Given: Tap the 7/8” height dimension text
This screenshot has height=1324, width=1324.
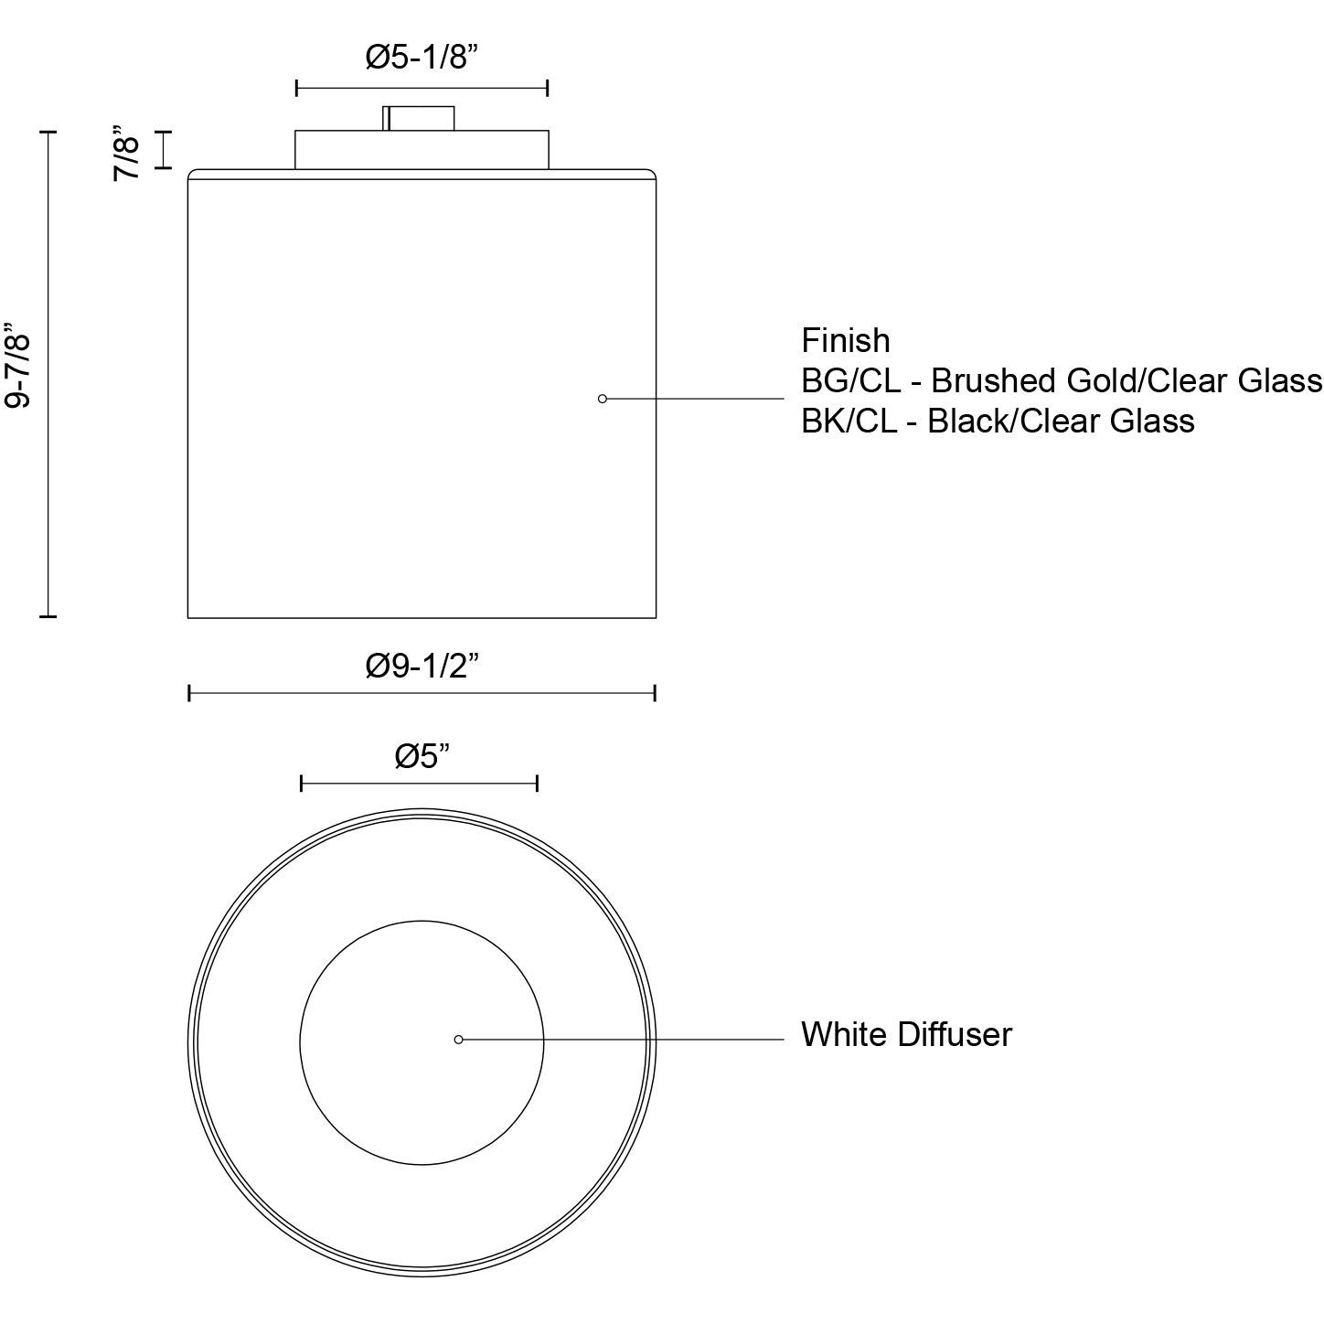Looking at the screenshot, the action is (x=127, y=153).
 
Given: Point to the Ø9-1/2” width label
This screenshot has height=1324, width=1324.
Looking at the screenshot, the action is (x=422, y=665).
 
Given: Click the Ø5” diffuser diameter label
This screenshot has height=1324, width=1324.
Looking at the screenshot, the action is (x=422, y=756).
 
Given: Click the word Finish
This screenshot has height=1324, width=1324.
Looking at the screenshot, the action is (x=845, y=341).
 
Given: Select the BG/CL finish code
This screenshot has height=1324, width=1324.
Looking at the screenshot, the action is (x=850, y=380).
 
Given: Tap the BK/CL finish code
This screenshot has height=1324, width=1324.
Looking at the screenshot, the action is (x=849, y=421).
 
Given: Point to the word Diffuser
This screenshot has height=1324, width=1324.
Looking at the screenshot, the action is (x=955, y=1035).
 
